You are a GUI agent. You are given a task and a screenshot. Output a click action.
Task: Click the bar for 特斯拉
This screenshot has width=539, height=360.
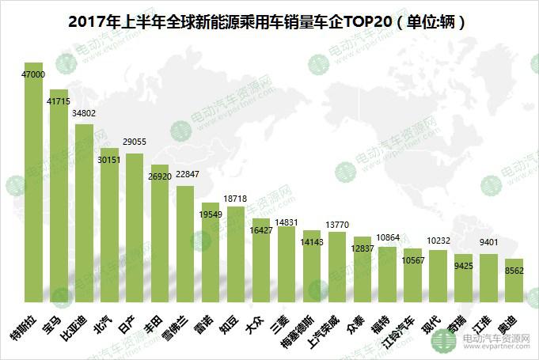(x=33, y=182)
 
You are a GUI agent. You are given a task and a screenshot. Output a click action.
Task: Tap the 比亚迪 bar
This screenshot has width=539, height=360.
(x=84, y=214)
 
